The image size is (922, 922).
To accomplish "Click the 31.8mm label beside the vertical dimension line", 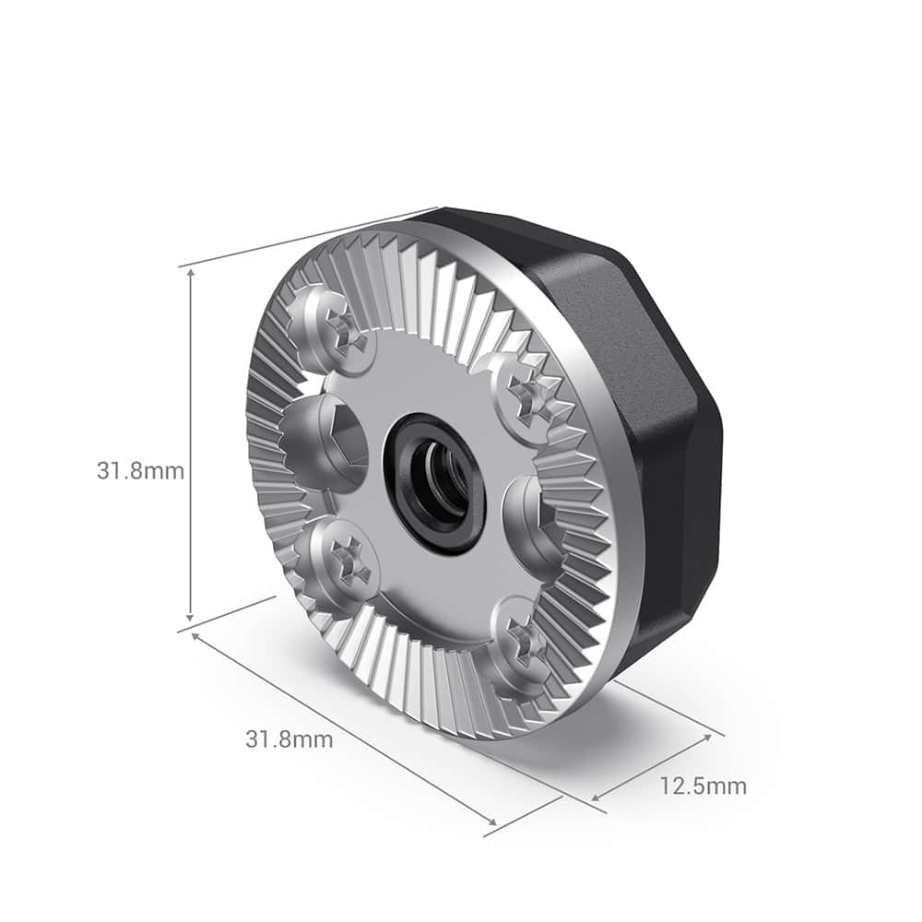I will tap(140, 471).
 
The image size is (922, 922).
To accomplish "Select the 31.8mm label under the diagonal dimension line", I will tap(289, 739).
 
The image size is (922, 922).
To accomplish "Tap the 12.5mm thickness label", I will tap(703, 786).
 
